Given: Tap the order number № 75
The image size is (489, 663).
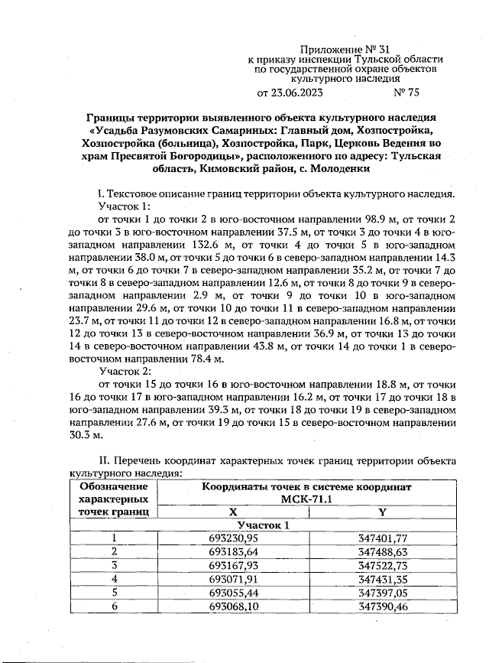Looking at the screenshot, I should (406, 93).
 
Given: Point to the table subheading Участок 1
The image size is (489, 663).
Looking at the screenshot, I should (264, 525).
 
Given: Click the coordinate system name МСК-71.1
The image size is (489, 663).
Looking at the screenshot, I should (306, 499).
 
